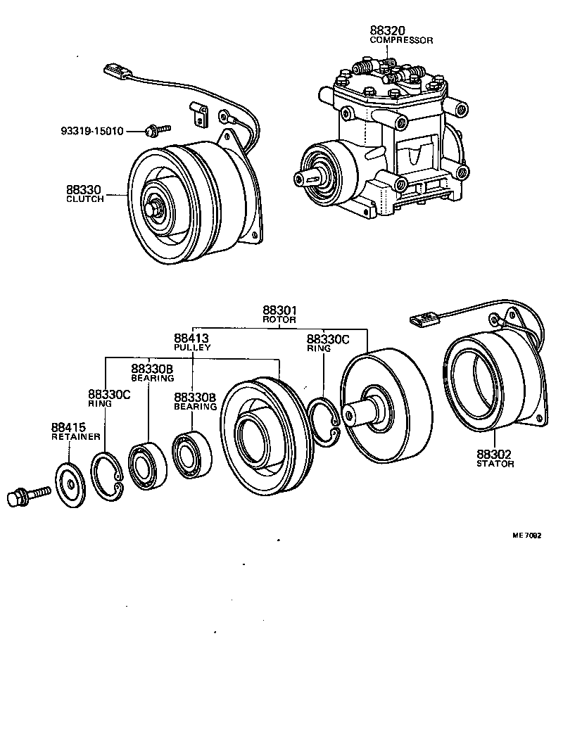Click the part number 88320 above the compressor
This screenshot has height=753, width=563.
386,30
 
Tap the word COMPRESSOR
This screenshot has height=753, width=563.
401,41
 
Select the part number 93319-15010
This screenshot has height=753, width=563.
91,131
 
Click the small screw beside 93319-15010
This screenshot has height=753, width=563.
156,129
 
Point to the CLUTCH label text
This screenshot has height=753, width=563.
84,199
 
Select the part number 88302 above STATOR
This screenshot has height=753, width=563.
495,455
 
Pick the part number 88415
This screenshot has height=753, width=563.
68,427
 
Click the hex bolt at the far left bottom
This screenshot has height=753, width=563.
25,496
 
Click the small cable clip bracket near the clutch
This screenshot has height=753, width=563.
200,113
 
